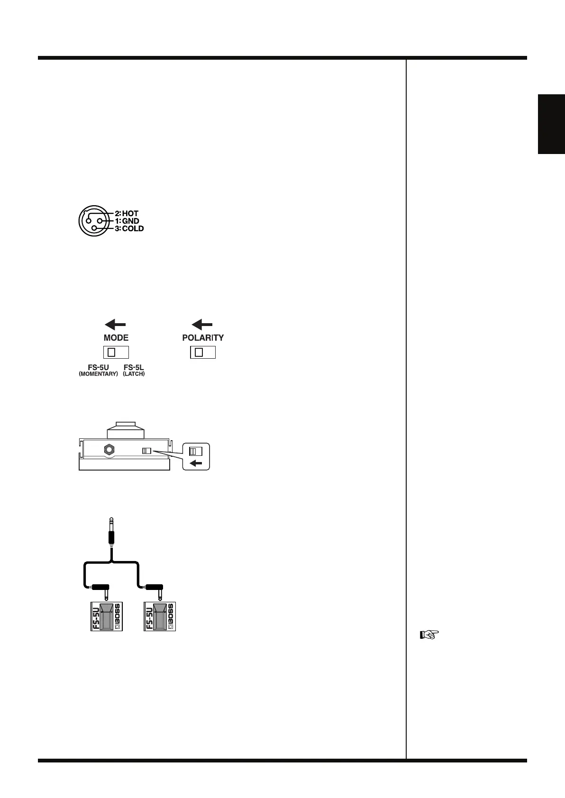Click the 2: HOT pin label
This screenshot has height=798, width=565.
(127, 214)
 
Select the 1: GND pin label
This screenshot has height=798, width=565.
(127, 221)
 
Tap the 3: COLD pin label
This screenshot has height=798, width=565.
(129, 228)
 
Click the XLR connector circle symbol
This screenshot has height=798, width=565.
(94, 221)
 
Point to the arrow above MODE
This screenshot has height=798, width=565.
(115, 325)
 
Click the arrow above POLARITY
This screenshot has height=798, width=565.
(202, 325)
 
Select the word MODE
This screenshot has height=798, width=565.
(116, 338)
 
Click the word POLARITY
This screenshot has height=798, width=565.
(203, 338)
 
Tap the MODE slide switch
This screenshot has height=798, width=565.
(116, 352)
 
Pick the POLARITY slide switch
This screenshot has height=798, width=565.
(203, 352)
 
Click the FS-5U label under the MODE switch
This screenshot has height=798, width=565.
(99, 367)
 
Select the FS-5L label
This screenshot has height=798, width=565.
(134, 367)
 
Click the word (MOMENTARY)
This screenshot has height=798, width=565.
(98, 374)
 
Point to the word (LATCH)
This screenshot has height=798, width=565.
(134, 374)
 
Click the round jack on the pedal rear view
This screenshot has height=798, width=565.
(109, 450)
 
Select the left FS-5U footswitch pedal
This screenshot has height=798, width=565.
(107, 616)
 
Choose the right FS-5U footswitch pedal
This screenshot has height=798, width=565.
(160, 616)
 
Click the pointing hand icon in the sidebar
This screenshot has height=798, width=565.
(429, 635)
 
